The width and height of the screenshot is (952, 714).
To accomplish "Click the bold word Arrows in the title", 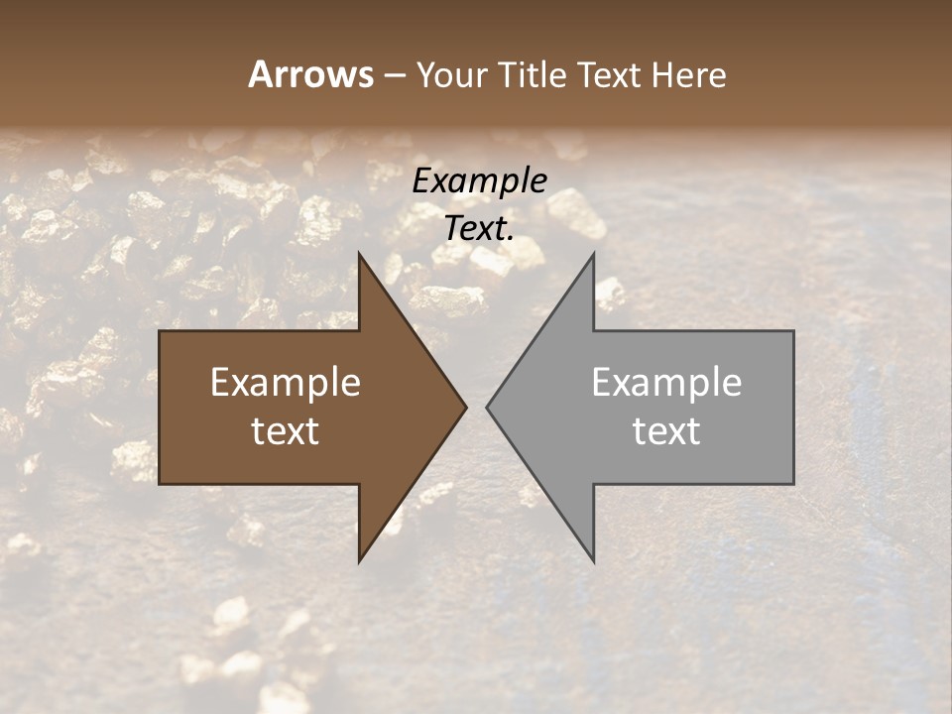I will tap(310, 74).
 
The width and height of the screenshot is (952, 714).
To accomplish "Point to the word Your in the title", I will tap(451, 74).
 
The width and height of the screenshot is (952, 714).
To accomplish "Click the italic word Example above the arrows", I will tap(479, 180).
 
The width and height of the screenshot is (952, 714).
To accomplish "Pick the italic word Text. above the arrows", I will tap(479, 228).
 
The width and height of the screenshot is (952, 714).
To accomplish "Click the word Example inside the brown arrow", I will tap(286, 383).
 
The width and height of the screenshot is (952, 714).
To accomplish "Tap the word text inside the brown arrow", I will tap(286, 430).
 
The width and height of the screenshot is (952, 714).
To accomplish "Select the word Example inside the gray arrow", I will tap(666, 383).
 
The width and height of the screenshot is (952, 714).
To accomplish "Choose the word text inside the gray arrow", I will tap(666, 430).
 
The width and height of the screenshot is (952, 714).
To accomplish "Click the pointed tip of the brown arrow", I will tap(466, 407).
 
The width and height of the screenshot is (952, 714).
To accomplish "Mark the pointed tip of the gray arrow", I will tap(487, 407).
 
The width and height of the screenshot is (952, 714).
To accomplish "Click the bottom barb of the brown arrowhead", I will tap(360, 560).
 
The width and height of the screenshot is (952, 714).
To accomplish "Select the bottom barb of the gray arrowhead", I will tap(593, 560).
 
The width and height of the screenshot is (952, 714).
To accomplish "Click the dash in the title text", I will tap(394, 76).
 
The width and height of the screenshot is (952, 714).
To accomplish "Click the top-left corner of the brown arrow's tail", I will tap(161, 332).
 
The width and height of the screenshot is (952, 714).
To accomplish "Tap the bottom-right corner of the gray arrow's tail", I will tap(792, 482).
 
